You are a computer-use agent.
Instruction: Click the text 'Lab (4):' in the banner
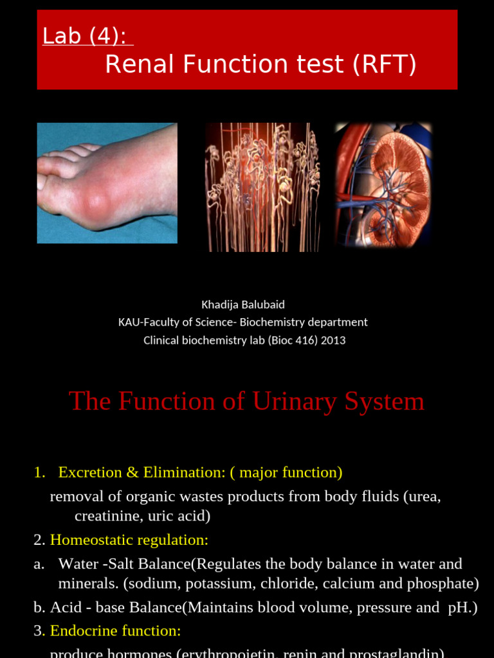point(87,37)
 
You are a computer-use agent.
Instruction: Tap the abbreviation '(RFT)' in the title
point(385,64)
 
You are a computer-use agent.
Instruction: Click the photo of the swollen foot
point(107,183)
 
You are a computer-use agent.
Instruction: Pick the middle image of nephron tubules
point(262,187)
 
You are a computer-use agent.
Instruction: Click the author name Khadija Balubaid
point(242,305)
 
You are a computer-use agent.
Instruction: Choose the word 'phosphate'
point(444,583)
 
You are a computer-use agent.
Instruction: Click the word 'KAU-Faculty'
point(149,323)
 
